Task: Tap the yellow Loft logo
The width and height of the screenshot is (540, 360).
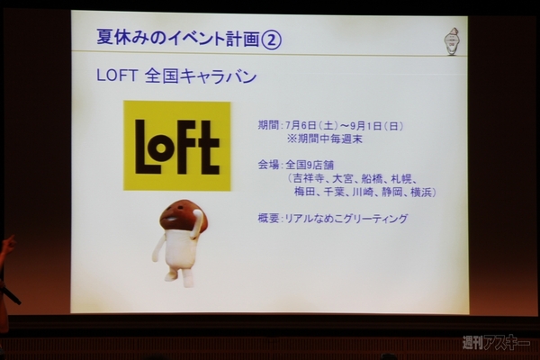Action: point(177,146)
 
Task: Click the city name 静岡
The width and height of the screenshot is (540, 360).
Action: point(391,192)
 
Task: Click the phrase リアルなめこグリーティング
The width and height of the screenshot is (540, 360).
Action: point(347,219)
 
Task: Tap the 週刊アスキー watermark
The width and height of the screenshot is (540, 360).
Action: point(497,343)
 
